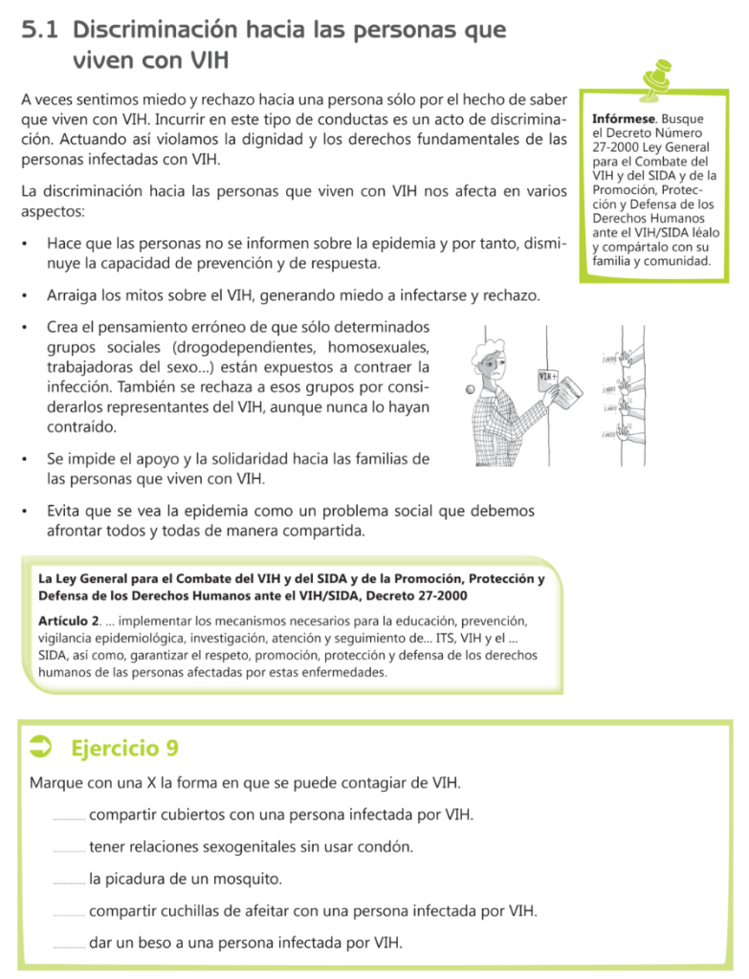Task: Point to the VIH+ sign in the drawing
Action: click(x=548, y=377)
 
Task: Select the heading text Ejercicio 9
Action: click(x=124, y=747)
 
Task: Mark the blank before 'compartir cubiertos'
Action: click(x=69, y=817)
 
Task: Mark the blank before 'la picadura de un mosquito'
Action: click(x=69, y=881)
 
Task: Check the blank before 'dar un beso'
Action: click(x=69, y=946)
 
